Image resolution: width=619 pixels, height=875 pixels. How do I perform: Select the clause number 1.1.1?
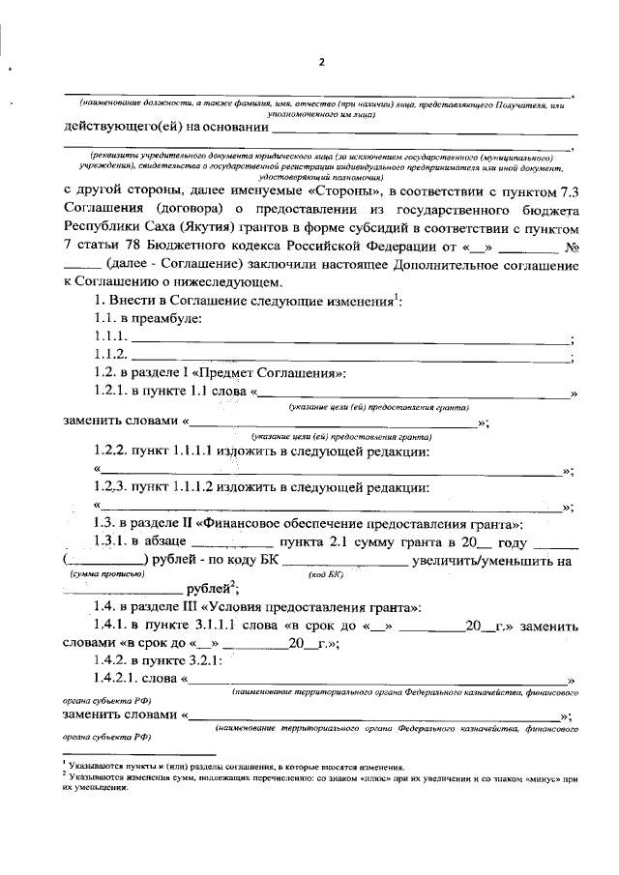pos(110,336)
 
